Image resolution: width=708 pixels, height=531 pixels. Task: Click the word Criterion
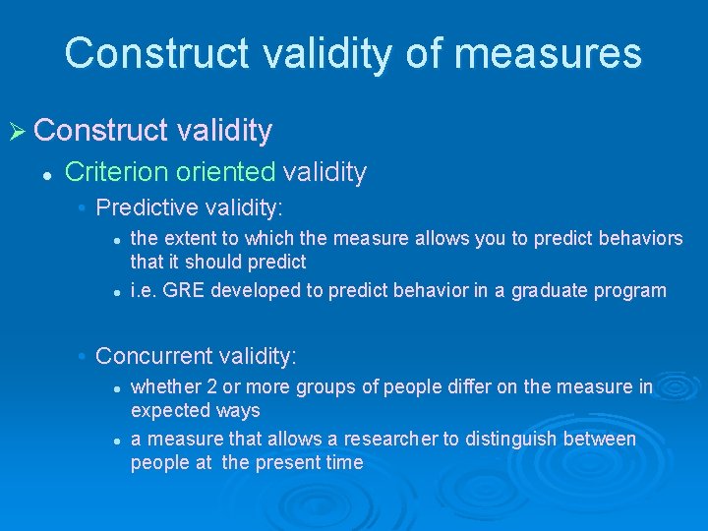coord(117,173)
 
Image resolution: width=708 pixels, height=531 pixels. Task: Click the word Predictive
coord(145,207)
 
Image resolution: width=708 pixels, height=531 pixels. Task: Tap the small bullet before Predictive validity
coord(84,208)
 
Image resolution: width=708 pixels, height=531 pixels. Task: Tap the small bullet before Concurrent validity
coord(84,356)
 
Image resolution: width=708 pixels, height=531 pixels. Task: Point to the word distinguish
coord(501,439)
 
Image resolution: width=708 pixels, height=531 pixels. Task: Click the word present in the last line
coord(292,462)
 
